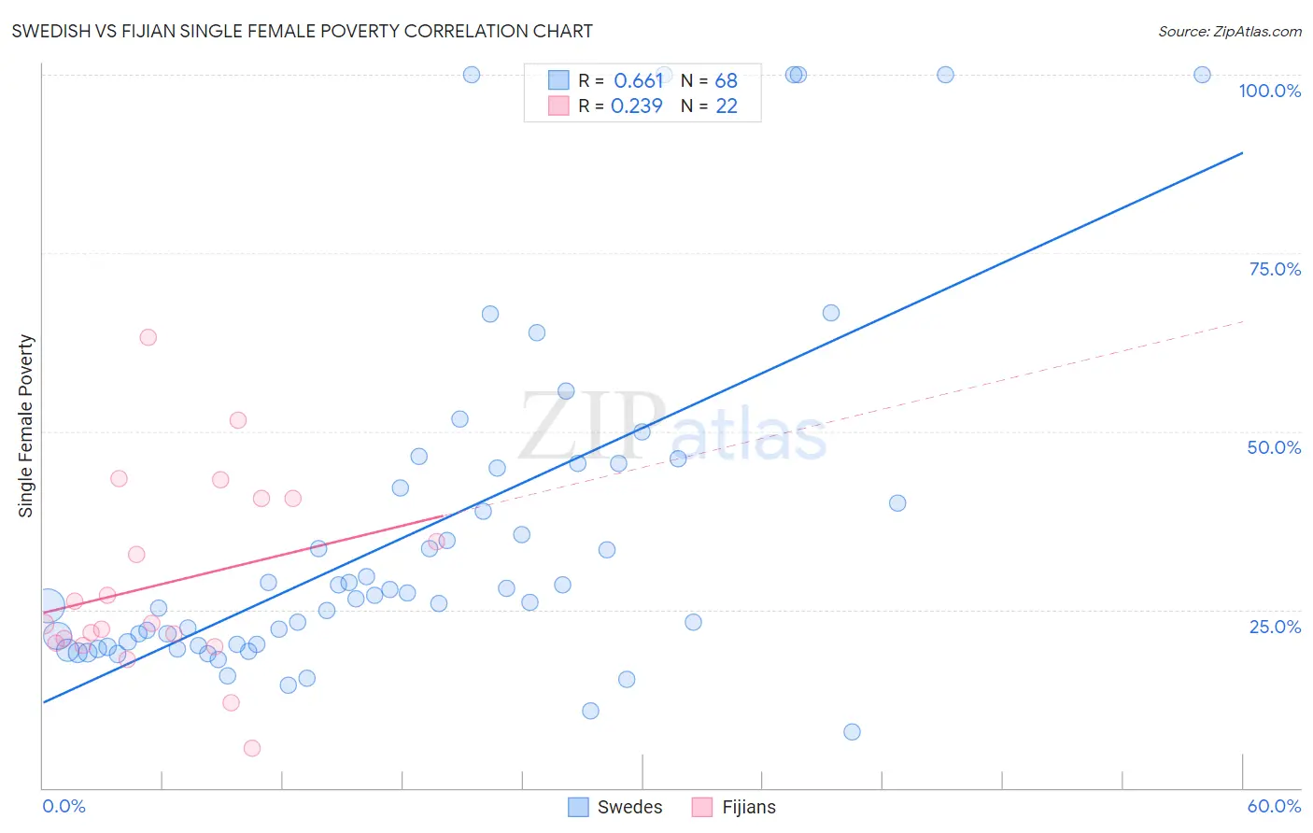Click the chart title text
pyautogui.click(x=302, y=31)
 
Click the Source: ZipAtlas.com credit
pyautogui.click(x=1229, y=31)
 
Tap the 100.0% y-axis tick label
pyautogui.click(x=1269, y=91)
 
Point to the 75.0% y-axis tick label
pyautogui.click(x=1275, y=269)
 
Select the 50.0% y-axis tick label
pyautogui.click(x=1274, y=447)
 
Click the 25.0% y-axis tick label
pyautogui.click(x=1275, y=626)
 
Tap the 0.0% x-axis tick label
pyautogui.click(x=64, y=806)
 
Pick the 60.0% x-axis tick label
pyautogui.click(x=1274, y=806)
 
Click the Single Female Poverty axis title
pyautogui.click(x=26, y=426)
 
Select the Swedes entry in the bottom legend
pyautogui.click(x=615, y=807)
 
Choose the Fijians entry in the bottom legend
pyautogui.click(x=734, y=807)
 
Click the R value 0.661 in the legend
pyautogui.click(x=638, y=81)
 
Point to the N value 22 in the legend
pyautogui.click(x=727, y=106)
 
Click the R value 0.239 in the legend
pyautogui.click(x=637, y=106)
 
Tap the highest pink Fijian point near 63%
pyautogui.click(x=148, y=337)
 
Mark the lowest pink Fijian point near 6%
pyautogui.click(x=252, y=748)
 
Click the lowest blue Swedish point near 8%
pyautogui.click(x=852, y=732)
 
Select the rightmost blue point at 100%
pyautogui.click(x=1202, y=75)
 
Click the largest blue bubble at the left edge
pyautogui.click(x=49, y=606)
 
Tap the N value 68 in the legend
pyautogui.click(x=727, y=81)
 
